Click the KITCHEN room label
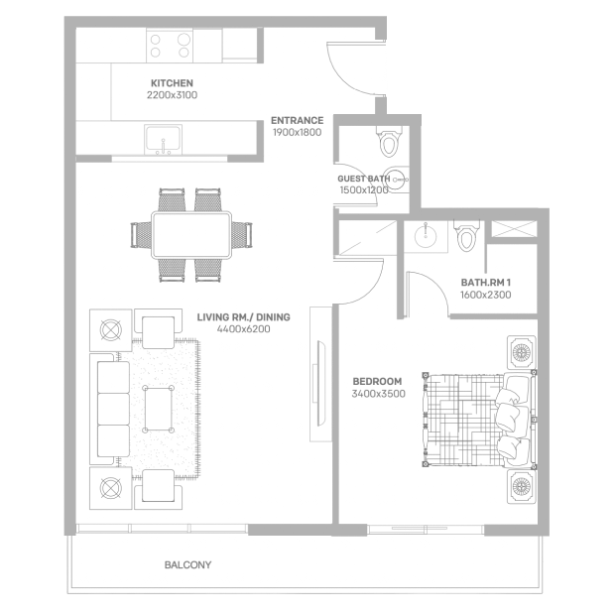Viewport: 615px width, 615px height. (x=172, y=83)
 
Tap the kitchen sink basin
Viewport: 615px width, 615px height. (x=163, y=140)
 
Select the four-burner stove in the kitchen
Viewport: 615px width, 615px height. (x=170, y=46)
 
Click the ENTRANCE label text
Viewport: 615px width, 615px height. (x=298, y=120)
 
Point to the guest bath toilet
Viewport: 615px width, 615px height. (x=388, y=142)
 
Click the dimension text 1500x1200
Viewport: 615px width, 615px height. (x=364, y=190)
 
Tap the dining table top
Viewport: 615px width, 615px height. (x=191, y=235)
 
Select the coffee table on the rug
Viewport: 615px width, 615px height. (x=158, y=409)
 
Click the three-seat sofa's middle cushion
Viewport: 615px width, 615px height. (x=113, y=409)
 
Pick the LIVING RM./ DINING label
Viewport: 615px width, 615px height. (x=244, y=316)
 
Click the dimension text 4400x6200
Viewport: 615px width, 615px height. (x=244, y=329)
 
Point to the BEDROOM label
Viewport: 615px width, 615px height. (x=377, y=381)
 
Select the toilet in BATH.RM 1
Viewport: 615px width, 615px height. (x=467, y=235)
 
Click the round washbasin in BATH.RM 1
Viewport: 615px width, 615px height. (x=426, y=236)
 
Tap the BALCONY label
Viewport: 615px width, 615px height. (x=187, y=564)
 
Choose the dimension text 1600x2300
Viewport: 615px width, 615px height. (x=486, y=295)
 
